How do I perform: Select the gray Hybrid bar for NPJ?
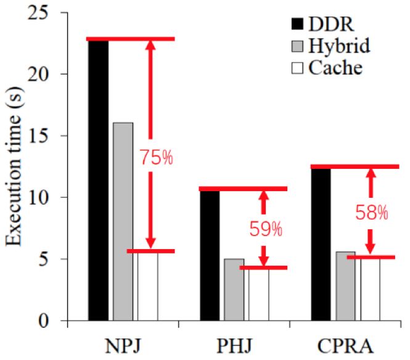(x=123, y=222)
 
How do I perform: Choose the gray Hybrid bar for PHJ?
(x=234, y=290)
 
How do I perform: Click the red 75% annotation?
(x=157, y=158)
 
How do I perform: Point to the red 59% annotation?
(x=266, y=230)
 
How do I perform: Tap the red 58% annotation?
(x=371, y=213)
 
